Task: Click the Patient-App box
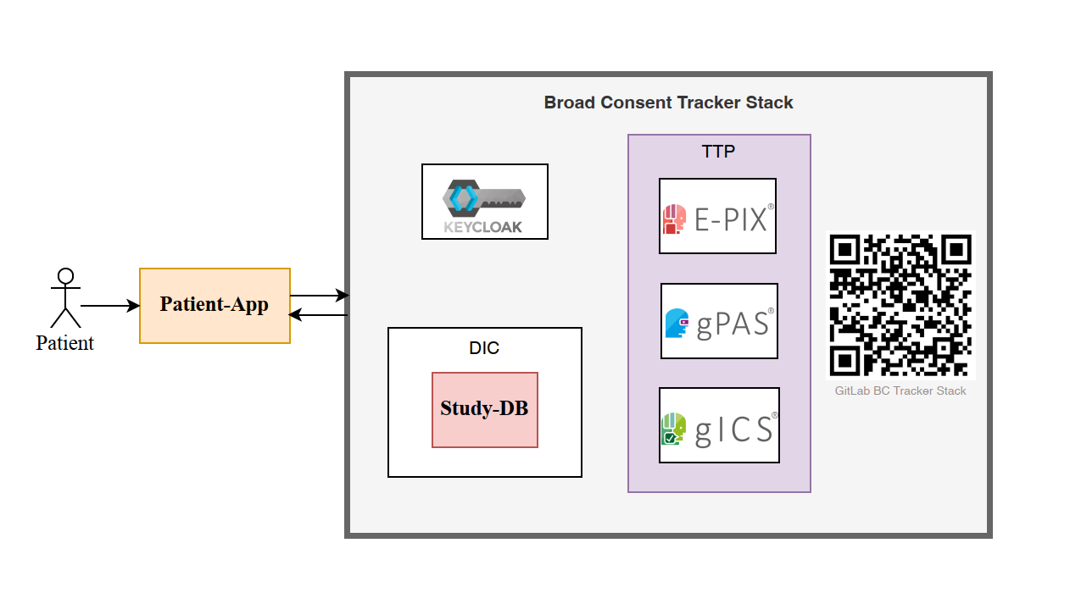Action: (x=215, y=306)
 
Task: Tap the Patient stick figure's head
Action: (x=65, y=276)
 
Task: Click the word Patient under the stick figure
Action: (x=64, y=343)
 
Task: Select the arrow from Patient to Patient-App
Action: (x=110, y=306)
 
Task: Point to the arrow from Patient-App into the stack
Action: (x=319, y=296)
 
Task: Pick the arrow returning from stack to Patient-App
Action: (x=319, y=315)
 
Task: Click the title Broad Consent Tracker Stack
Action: (x=668, y=102)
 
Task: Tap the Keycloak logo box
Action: (x=485, y=202)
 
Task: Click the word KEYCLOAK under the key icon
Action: (x=483, y=227)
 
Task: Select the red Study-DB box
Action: (x=484, y=409)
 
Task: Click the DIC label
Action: (x=484, y=348)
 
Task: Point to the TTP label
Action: (x=718, y=152)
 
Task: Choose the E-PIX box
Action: (x=717, y=216)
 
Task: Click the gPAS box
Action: (x=719, y=321)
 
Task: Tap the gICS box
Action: (x=719, y=425)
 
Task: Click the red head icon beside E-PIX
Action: (x=674, y=219)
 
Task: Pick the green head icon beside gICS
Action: (x=673, y=429)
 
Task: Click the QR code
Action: (x=900, y=305)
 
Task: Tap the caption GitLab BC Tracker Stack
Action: (x=900, y=391)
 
